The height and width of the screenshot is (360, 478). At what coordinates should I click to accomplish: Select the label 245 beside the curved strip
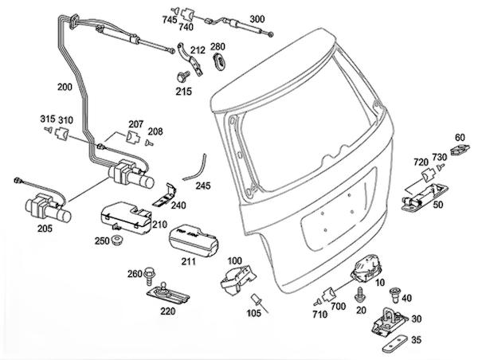pyautogui.click(x=203, y=186)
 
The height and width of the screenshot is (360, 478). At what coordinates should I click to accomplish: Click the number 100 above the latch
pyautogui.click(x=235, y=260)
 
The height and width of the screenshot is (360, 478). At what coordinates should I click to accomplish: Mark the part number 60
pyautogui.click(x=459, y=138)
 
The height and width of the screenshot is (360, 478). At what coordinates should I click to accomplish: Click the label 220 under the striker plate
pyautogui.click(x=168, y=312)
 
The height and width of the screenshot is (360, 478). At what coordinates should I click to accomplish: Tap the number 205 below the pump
pyautogui.click(x=44, y=229)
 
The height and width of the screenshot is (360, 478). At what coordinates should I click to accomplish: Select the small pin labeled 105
pyautogui.click(x=257, y=300)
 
